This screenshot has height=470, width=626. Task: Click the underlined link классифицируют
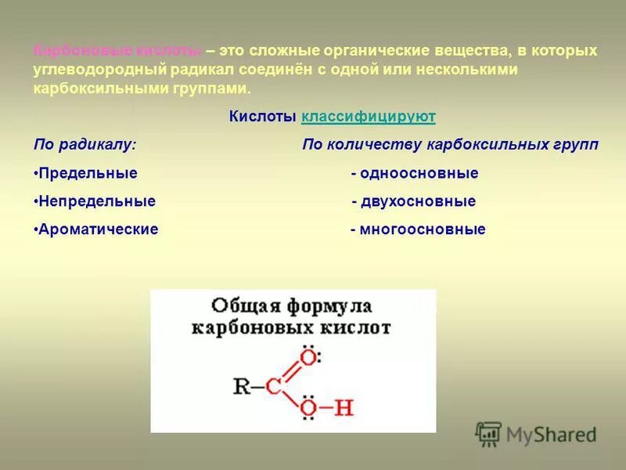tap(368, 117)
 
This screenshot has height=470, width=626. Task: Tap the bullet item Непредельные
tap(95, 201)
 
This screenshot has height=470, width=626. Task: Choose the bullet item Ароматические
tap(96, 230)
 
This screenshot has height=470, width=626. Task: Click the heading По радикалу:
tap(85, 145)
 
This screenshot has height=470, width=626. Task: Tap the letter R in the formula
tap(242, 385)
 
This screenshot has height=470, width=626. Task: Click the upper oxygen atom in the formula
tap(309, 358)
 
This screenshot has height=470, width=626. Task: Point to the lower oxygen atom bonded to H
tap(309, 408)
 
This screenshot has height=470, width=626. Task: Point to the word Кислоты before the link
tap(263, 117)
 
